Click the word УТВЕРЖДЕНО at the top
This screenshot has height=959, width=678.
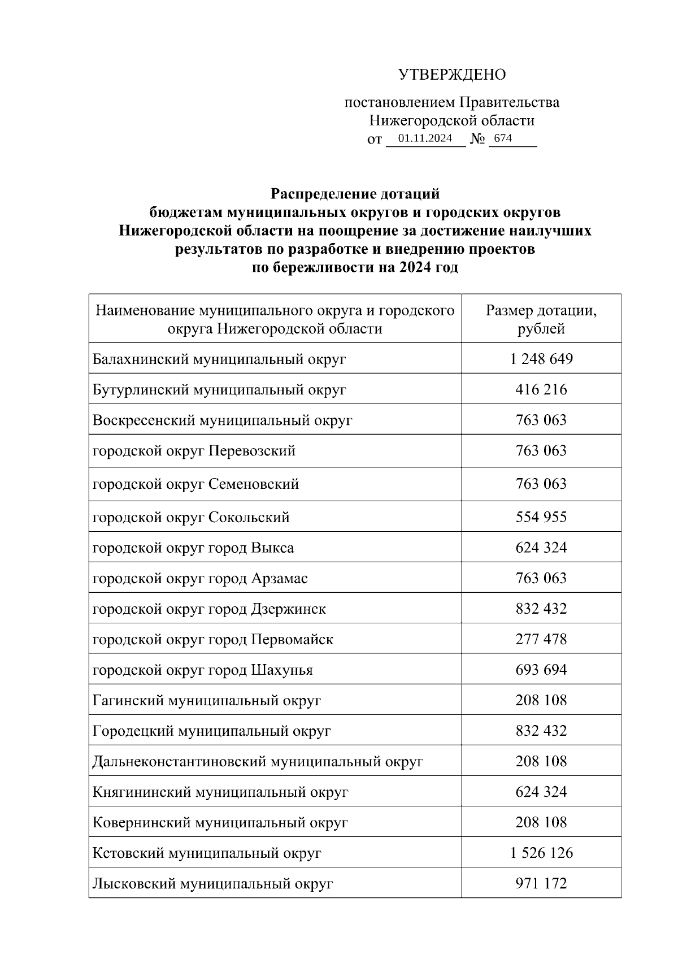coord(452,75)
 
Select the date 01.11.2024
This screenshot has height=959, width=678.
coord(425,138)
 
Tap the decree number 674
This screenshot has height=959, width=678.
coord(503,138)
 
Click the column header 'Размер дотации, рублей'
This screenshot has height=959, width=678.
coord(541,319)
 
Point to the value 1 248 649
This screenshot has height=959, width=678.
coord(541,359)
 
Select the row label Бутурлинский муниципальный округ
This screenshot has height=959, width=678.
coord(219,389)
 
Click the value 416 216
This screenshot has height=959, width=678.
coord(541,389)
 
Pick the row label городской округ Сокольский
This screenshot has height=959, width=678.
coord(191,517)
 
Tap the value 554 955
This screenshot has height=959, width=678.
coord(541,517)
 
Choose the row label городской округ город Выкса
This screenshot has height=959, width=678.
coord(193,548)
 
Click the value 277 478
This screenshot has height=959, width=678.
coord(541,639)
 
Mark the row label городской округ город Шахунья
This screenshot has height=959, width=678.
coord(202,670)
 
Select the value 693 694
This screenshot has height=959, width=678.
coord(541,670)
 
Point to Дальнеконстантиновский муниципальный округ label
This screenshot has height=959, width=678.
coord(258,761)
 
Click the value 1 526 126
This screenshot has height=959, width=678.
coord(541,853)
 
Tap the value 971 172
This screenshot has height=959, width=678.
coord(541,883)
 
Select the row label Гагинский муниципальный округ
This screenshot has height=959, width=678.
coord(207,701)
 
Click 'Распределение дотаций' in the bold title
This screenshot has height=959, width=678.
coord(355,194)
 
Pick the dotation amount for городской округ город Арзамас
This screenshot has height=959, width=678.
coord(541,578)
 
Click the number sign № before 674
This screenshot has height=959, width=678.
coord(477,139)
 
